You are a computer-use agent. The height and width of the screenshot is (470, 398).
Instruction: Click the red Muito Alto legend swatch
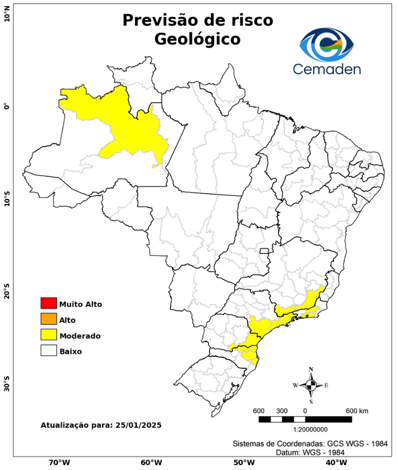48,303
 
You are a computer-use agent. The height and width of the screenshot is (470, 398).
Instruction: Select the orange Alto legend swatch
48,319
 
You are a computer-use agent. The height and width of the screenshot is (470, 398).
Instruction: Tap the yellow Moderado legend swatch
48,335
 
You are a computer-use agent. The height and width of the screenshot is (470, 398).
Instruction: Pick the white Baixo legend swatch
48,351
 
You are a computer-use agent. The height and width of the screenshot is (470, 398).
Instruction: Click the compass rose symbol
311,385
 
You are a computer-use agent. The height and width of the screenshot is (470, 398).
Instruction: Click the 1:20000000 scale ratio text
304,430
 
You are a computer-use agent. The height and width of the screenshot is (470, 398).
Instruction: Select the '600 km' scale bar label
358,410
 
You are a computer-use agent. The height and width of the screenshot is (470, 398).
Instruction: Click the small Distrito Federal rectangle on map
265,251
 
